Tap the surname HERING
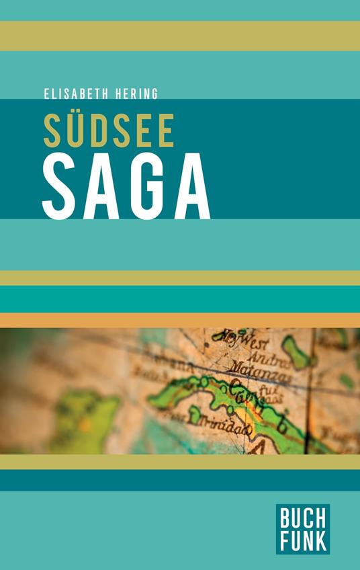pyautogui.click(x=136, y=94)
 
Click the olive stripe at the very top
pyautogui.click(x=180, y=36)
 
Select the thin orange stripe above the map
pyautogui.click(x=180, y=320)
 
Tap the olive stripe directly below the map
pyautogui.click(x=180, y=462)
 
